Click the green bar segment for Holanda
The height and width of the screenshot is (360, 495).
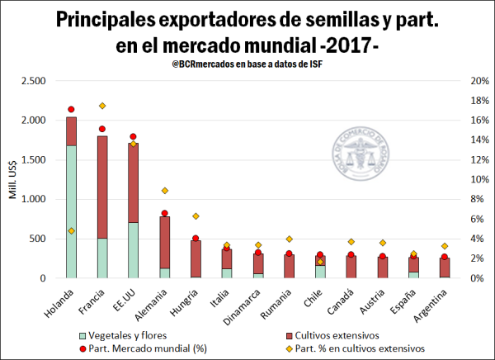tap(72, 211)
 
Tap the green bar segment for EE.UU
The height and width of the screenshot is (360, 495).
tap(133, 250)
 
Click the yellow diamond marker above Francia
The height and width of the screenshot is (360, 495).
tap(102, 106)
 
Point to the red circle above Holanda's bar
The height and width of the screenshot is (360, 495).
tap(72, 109)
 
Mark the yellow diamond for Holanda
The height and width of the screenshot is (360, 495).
tap(72, 230)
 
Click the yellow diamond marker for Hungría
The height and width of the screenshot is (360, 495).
tap(196, 216)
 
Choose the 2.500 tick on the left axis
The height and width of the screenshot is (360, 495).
tap(34, 81)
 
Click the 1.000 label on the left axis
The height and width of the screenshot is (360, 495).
tap(34, 200)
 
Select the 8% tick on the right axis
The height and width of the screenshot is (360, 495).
tap(456, 200)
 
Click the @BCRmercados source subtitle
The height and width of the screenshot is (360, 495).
tap(247, 63)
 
